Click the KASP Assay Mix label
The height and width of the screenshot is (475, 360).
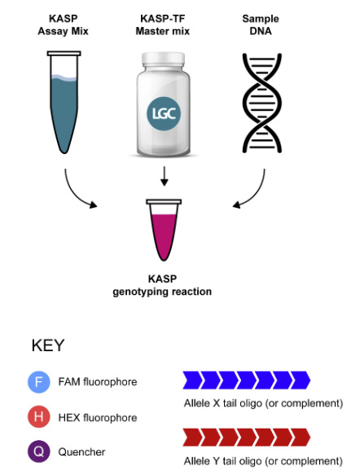click(x=63, y=24)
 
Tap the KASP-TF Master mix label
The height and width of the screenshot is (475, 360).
click(x=163, y=24)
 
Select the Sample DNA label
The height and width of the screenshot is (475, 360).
click(x=261, y=24)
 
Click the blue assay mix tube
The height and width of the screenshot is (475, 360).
click(x=64, y=102)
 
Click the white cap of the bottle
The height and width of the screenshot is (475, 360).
click(x=163, y=59)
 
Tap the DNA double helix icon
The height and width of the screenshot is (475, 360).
click(x=262, y=103)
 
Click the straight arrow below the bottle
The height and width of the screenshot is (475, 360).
click(x=164, y=176)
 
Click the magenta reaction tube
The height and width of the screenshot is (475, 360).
click(x=164, y=230)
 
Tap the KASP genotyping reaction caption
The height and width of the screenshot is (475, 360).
click(x=162, y=285)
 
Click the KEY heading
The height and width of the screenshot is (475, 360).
click(x=48, y=345)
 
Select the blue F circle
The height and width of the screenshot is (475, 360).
click(x=39, y=382)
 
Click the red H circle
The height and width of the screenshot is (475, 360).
click(x=39, y=417)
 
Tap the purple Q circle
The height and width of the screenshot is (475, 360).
click(x=39, y=451)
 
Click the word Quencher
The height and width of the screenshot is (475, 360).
click(x=81, y=452)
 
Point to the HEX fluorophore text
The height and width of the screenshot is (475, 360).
click(x=98, y=418)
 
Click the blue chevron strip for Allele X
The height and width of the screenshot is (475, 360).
click(x=247, y=380)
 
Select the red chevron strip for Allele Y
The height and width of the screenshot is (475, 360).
click(x=247, y=438)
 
